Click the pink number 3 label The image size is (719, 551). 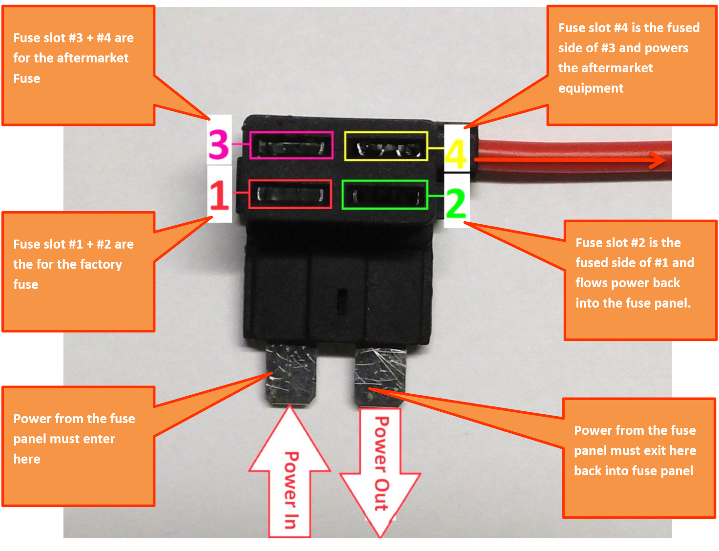[219, 145]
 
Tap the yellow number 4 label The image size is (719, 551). [455, 154]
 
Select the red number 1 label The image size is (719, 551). [219, 195]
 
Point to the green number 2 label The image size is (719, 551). [456, 204]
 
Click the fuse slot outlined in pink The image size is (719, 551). [291, 146]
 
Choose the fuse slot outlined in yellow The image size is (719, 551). [386, 146]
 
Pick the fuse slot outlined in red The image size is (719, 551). [290, 194]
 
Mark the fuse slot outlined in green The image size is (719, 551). [385, 195]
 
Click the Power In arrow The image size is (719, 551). [290, 479]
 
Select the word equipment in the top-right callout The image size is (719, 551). [591, 88]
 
